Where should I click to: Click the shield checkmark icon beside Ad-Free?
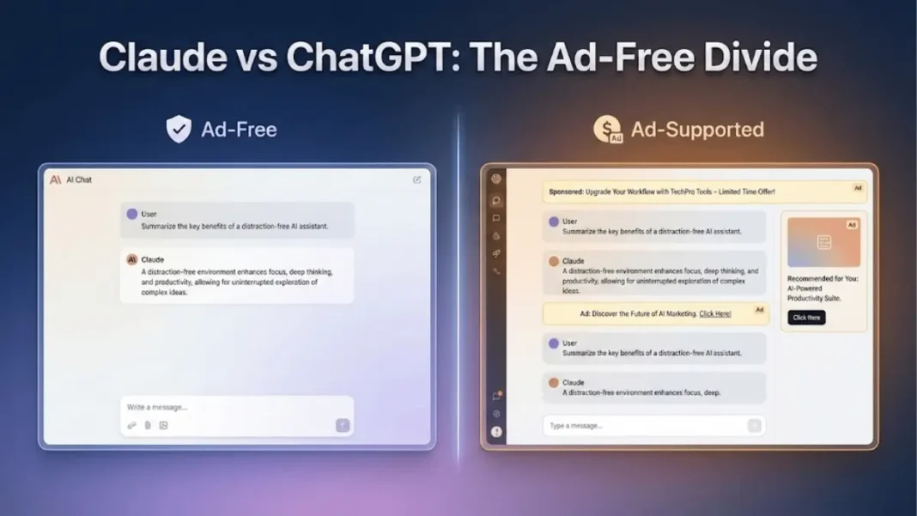[179, 130]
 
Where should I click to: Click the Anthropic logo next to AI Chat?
[56, 180]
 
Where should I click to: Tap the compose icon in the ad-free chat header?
[416, 180]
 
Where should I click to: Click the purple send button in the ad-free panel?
[343, 425]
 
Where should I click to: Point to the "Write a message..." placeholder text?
[157, 407]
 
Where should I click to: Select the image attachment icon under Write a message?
[163, 425]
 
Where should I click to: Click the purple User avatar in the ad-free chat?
[131, 214]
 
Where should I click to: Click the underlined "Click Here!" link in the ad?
[715, 314]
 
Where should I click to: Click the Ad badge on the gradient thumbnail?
[852, 225]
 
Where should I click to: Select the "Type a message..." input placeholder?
[576, 426]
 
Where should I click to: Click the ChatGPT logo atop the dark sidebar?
[496, 179]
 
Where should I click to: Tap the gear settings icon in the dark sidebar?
[496, 414]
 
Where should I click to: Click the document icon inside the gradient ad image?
[824, 242]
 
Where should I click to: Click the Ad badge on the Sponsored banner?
[858, 188]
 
